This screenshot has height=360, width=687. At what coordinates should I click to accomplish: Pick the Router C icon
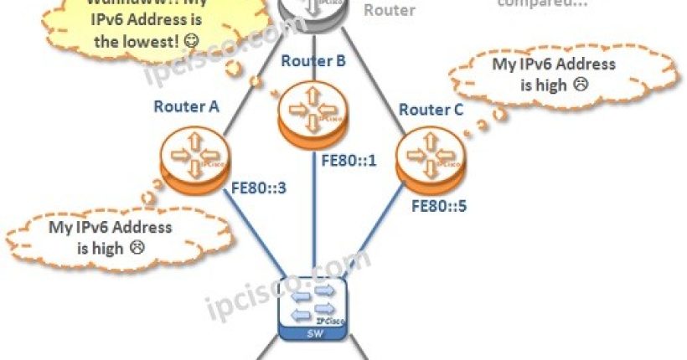pos(422,158)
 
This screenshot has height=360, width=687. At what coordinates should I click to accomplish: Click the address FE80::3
pos(258,188)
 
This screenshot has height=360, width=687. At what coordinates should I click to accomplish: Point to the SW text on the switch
pos(312,334)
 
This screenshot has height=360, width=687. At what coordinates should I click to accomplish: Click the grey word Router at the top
pos(390,11)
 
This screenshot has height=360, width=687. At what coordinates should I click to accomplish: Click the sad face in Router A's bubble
pos(137,248)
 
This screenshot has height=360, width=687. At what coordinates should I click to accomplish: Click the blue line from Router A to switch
pos(245,232)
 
